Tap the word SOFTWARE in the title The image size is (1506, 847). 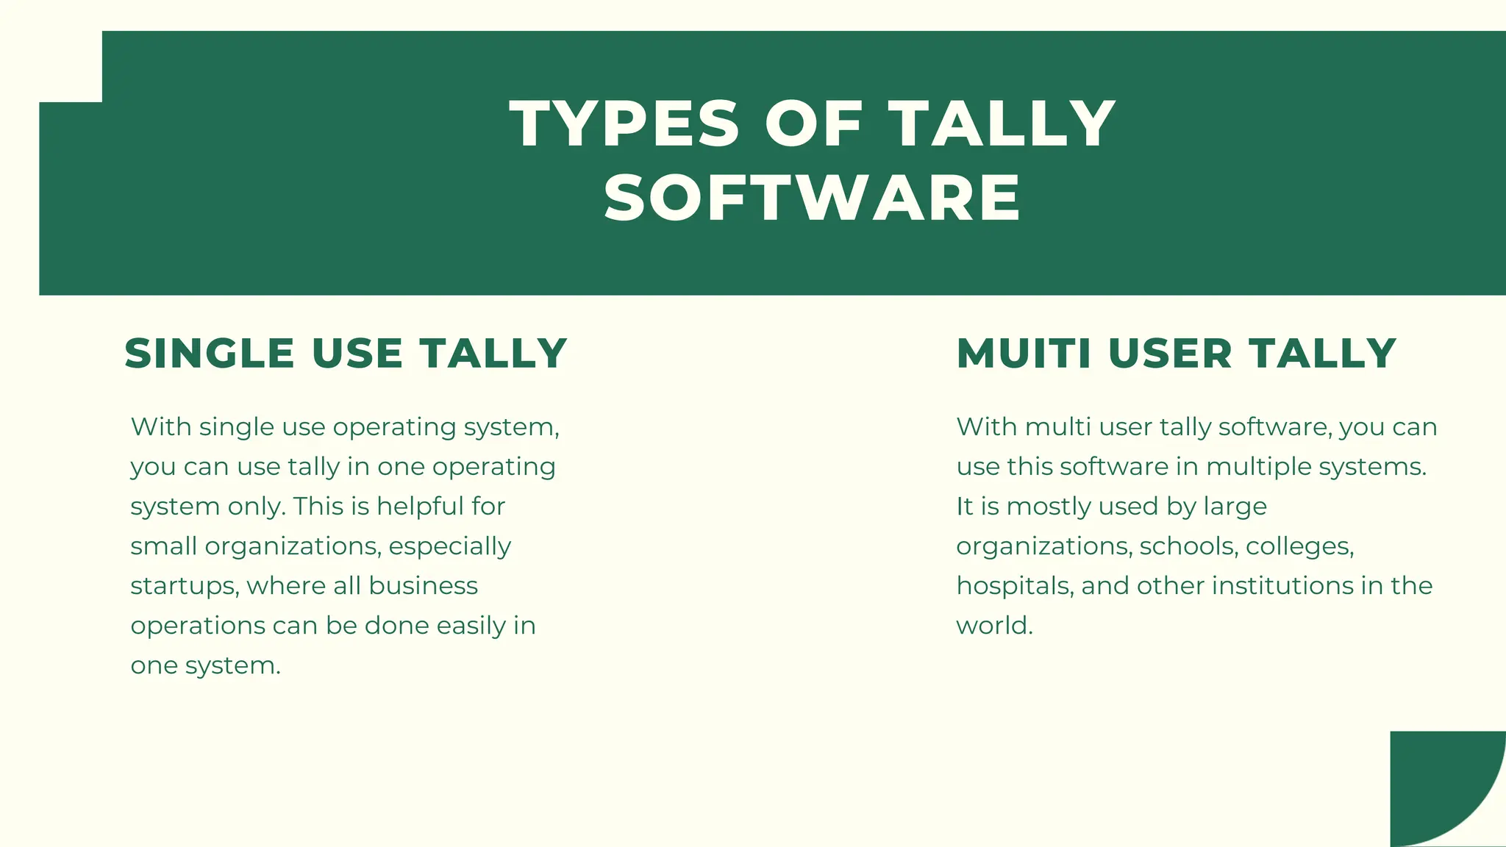click(812, 199)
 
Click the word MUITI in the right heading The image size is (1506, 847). click(1024, 354)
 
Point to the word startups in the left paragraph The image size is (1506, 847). click(184, 586)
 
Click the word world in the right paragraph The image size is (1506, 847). click(993, 626)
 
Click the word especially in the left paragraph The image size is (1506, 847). click(449, 546)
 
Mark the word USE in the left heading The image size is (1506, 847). click(357, 354)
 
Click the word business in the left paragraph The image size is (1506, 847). click(423, 586)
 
